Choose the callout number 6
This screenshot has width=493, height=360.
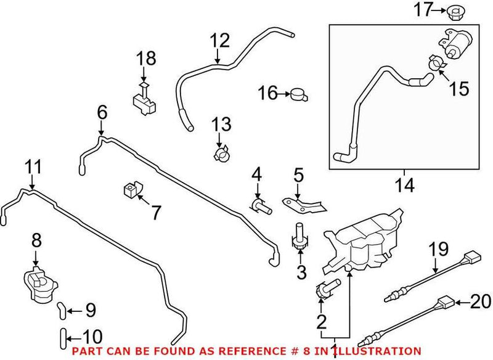[x=102, y=112]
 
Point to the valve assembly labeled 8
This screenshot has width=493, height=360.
[x=39, y=285]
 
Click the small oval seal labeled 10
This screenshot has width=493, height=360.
[x=62, y=337]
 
